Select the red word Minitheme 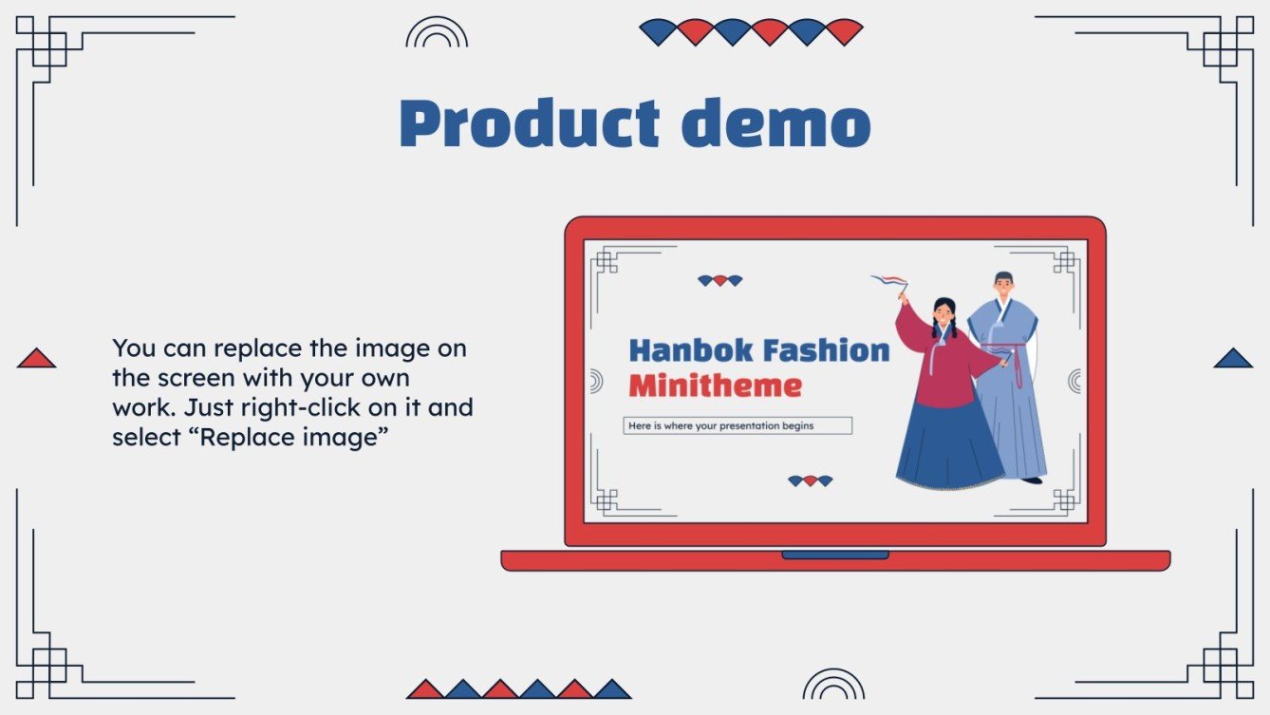pos(715,386)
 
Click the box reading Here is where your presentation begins pos(738,426)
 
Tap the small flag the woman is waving pos(890,282)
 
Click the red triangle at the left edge pos(36,358)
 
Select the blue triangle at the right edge pos(1233,358)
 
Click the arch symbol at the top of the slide pos(437,33)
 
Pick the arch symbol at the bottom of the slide pos(833,685)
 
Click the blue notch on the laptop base pos(835,555)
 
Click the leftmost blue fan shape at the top pos(659,31)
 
